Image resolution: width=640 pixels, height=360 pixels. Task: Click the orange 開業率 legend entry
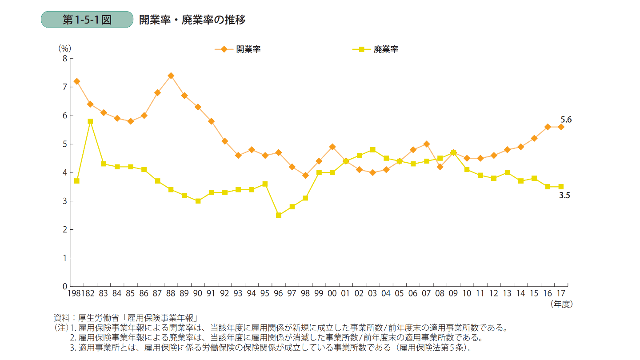pos(237,49)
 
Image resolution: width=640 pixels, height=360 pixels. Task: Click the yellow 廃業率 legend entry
pos(375,49)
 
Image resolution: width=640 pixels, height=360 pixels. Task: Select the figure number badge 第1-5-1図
pos(87,20)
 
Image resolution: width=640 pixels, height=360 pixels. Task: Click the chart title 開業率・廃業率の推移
pos(192,20)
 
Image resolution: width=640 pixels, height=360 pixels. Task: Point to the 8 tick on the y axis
pos(65,58)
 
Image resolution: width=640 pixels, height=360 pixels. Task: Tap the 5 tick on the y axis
pos(65,144)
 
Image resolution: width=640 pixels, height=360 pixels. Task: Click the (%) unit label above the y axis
pos(65,48)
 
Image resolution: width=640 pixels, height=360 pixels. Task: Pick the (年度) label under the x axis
pos(561,304)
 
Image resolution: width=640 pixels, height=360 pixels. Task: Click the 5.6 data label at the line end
pos(566,119)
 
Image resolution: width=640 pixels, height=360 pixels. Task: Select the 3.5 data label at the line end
pos(565,195)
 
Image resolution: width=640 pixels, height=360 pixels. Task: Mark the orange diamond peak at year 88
pos(171,76)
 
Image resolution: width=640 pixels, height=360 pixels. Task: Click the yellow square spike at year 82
pos(90,121)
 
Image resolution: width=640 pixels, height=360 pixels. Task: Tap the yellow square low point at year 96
pos(279,215)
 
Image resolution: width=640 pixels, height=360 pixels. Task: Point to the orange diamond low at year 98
pos(305,175)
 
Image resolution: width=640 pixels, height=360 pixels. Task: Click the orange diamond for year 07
pos(427,144)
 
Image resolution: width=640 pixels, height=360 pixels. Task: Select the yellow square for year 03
pos(373,150)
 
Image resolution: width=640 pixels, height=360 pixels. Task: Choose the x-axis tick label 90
pos(198,293)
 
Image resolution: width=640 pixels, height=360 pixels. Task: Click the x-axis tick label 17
pos(561,293)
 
